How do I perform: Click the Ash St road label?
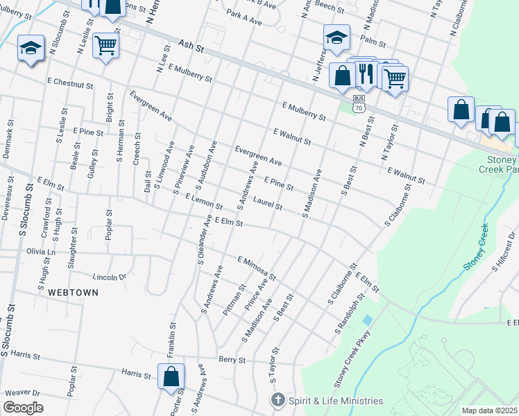191,46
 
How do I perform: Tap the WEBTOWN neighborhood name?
73,293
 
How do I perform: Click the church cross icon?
278,400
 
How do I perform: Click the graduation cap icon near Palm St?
337,38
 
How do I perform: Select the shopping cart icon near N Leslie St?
106,46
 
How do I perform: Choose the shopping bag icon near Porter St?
171,377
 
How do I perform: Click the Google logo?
23,408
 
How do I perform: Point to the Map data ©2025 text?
489,410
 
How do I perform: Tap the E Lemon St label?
203,202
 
